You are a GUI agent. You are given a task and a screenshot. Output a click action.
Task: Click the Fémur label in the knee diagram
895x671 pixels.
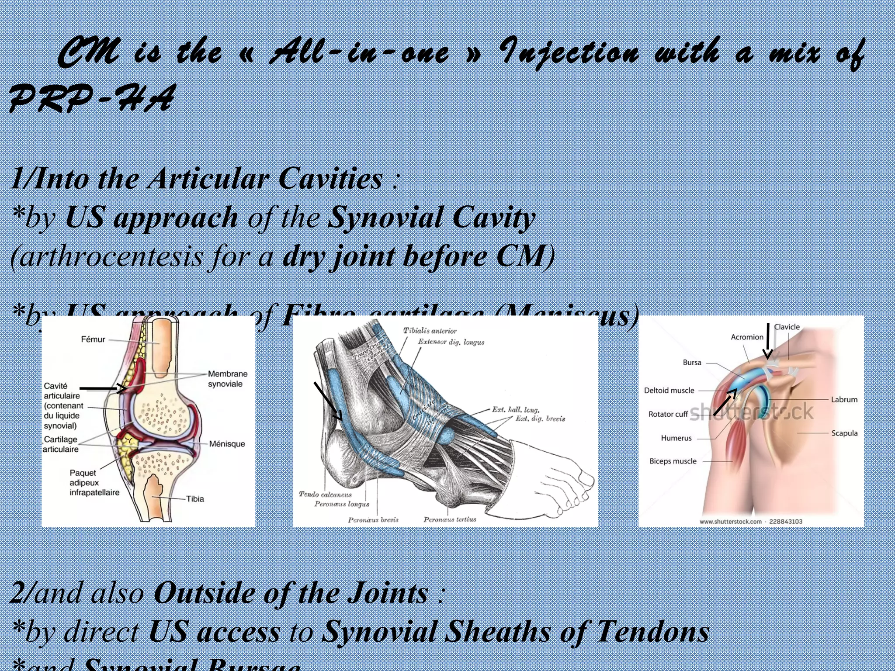(x=93, y=339)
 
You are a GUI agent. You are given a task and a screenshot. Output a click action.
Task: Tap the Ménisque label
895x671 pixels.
(x=227, y=444)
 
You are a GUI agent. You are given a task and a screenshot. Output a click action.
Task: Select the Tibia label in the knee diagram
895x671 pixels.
(x=195, y=499)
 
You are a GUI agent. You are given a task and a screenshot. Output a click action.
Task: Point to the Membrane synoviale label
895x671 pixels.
(x=227, y=379)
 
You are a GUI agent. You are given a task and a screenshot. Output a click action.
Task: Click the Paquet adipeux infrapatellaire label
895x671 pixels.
(x=94, y=483)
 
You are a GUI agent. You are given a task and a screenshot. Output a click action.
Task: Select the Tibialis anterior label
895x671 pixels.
(x=430, y=331)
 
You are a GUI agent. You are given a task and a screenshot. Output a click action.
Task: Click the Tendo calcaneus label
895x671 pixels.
(x=325, y=494)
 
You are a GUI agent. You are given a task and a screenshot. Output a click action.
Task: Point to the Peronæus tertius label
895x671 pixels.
(x=450, y=519)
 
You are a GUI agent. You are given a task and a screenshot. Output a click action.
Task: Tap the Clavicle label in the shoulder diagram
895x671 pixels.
(x=787, y=327)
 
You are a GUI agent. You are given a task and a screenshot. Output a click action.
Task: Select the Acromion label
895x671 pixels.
(x=747, y=337)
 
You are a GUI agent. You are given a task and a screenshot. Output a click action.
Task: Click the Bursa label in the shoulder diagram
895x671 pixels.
(x=692, y=363)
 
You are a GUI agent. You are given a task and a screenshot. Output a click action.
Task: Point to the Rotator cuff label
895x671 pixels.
(x=668, y=414)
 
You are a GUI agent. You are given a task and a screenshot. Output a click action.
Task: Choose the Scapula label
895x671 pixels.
(x=844, y=433)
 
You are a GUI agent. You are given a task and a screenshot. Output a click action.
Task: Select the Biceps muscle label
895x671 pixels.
(x=673, y=461)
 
